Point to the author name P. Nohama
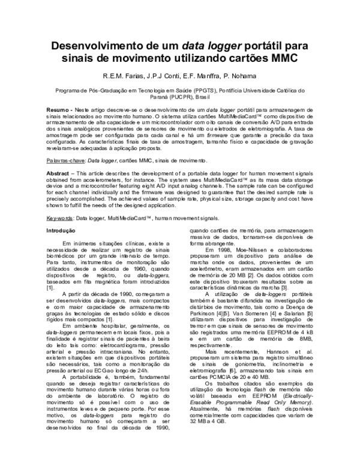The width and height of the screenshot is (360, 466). pos(247,77)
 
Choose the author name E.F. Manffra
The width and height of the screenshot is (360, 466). pos(207,77)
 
